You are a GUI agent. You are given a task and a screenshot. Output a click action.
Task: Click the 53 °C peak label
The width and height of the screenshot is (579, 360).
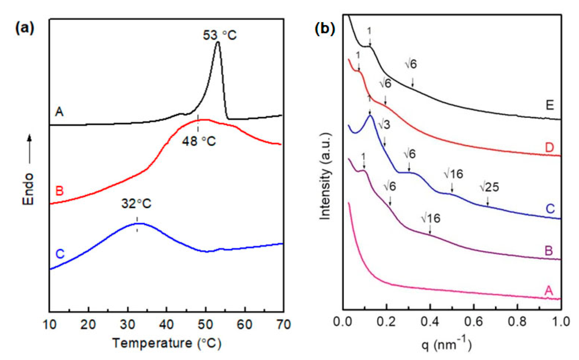[x=219, y=35]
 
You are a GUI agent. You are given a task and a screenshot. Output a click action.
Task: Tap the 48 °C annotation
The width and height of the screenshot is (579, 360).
[x=199, y=141]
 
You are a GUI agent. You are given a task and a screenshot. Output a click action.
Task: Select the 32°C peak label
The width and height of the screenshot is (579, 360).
[x=136, y=204]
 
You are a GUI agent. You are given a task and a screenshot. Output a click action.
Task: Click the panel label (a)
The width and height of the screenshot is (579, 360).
[x=25, y=28]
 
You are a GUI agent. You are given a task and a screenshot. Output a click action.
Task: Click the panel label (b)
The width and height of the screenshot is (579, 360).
[x=325, y=28]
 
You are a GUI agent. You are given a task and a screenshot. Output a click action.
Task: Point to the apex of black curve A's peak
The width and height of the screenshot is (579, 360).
[x=218, y=43]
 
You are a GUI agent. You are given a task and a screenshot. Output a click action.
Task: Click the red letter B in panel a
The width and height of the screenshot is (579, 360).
[x=59, y=191]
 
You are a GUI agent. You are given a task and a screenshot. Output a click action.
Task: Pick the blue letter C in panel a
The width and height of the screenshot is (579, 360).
[x=60, y=254]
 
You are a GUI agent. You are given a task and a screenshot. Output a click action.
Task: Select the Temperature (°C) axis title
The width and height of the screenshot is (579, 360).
[x=167, y=343]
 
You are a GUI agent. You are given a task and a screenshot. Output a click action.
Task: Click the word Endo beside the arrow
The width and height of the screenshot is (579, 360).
[x=28, y=189]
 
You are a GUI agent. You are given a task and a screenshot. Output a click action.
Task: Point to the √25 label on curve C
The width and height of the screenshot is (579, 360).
[x=489, y=187]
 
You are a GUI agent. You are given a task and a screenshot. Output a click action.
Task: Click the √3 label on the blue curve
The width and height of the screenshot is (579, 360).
[x=384, y=125]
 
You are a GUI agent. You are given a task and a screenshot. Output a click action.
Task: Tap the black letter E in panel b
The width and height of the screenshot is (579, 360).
[x=550, y=105]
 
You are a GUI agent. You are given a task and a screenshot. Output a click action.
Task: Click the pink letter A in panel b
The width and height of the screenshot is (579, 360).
[x=549, y=290]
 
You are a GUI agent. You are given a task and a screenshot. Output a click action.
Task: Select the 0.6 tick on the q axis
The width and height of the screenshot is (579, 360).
[x=474, y=322]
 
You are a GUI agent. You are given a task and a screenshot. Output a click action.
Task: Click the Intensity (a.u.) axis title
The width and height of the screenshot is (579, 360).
[x=326, y=177]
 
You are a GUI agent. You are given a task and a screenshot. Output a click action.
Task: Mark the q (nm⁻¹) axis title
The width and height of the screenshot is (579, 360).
[x=446, y=344]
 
